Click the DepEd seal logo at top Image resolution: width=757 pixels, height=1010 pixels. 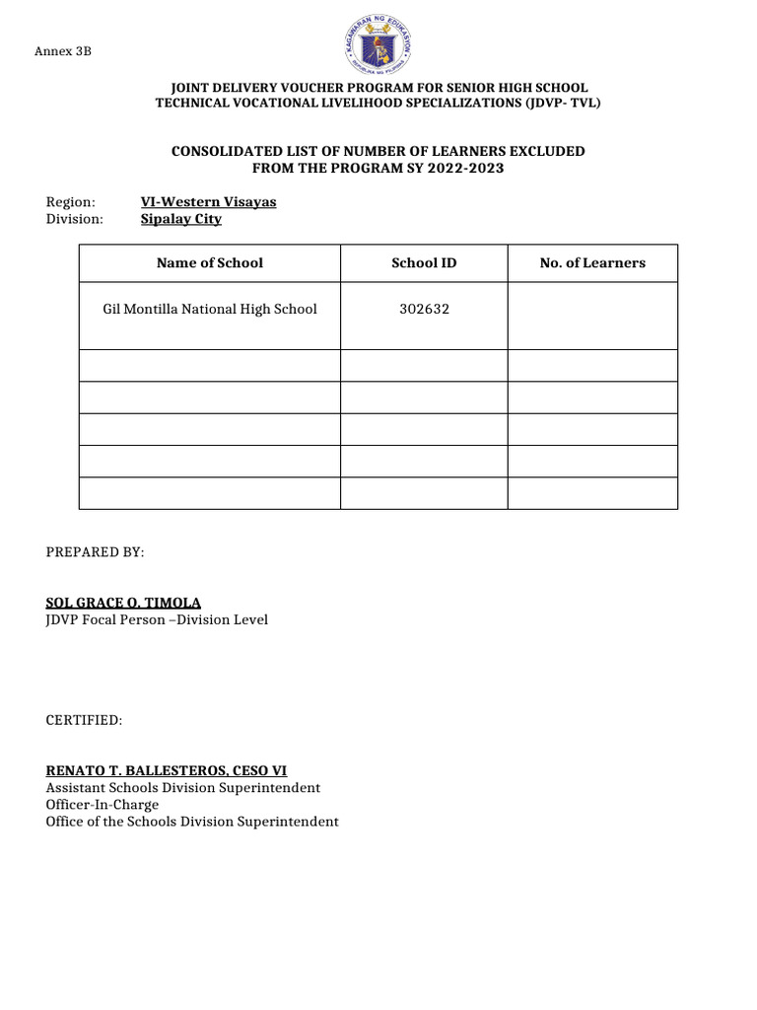pos(378,46)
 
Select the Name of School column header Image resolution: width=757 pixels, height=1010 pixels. pos(210,262)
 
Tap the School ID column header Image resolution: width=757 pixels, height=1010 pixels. pos(424,262)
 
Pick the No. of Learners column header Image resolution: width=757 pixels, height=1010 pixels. pos(592,262)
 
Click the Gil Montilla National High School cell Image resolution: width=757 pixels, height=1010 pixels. pos(210,309)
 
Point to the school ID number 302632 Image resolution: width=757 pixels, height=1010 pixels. pos(424,309)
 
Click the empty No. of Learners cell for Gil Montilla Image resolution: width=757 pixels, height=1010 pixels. pos(592,316)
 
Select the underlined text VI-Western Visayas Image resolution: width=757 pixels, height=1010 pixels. pos(209,201)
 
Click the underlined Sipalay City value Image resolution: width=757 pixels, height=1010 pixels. pos(181,219)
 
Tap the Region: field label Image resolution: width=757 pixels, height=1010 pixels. pos(71,201)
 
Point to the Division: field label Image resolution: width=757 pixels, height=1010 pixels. pos(75,219)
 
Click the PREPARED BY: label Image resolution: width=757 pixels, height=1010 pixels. pos(95,552)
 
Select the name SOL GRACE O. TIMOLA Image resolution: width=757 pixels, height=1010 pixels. pos(123,603)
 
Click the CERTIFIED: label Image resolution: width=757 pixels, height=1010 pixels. pos(84,721)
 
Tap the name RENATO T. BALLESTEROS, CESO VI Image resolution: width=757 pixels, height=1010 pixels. pos(167,770)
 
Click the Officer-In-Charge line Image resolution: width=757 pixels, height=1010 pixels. pos(103,805)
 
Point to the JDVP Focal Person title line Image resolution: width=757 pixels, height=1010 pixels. pos(157,619)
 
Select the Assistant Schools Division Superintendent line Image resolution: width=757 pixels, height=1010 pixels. pos(182,788)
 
